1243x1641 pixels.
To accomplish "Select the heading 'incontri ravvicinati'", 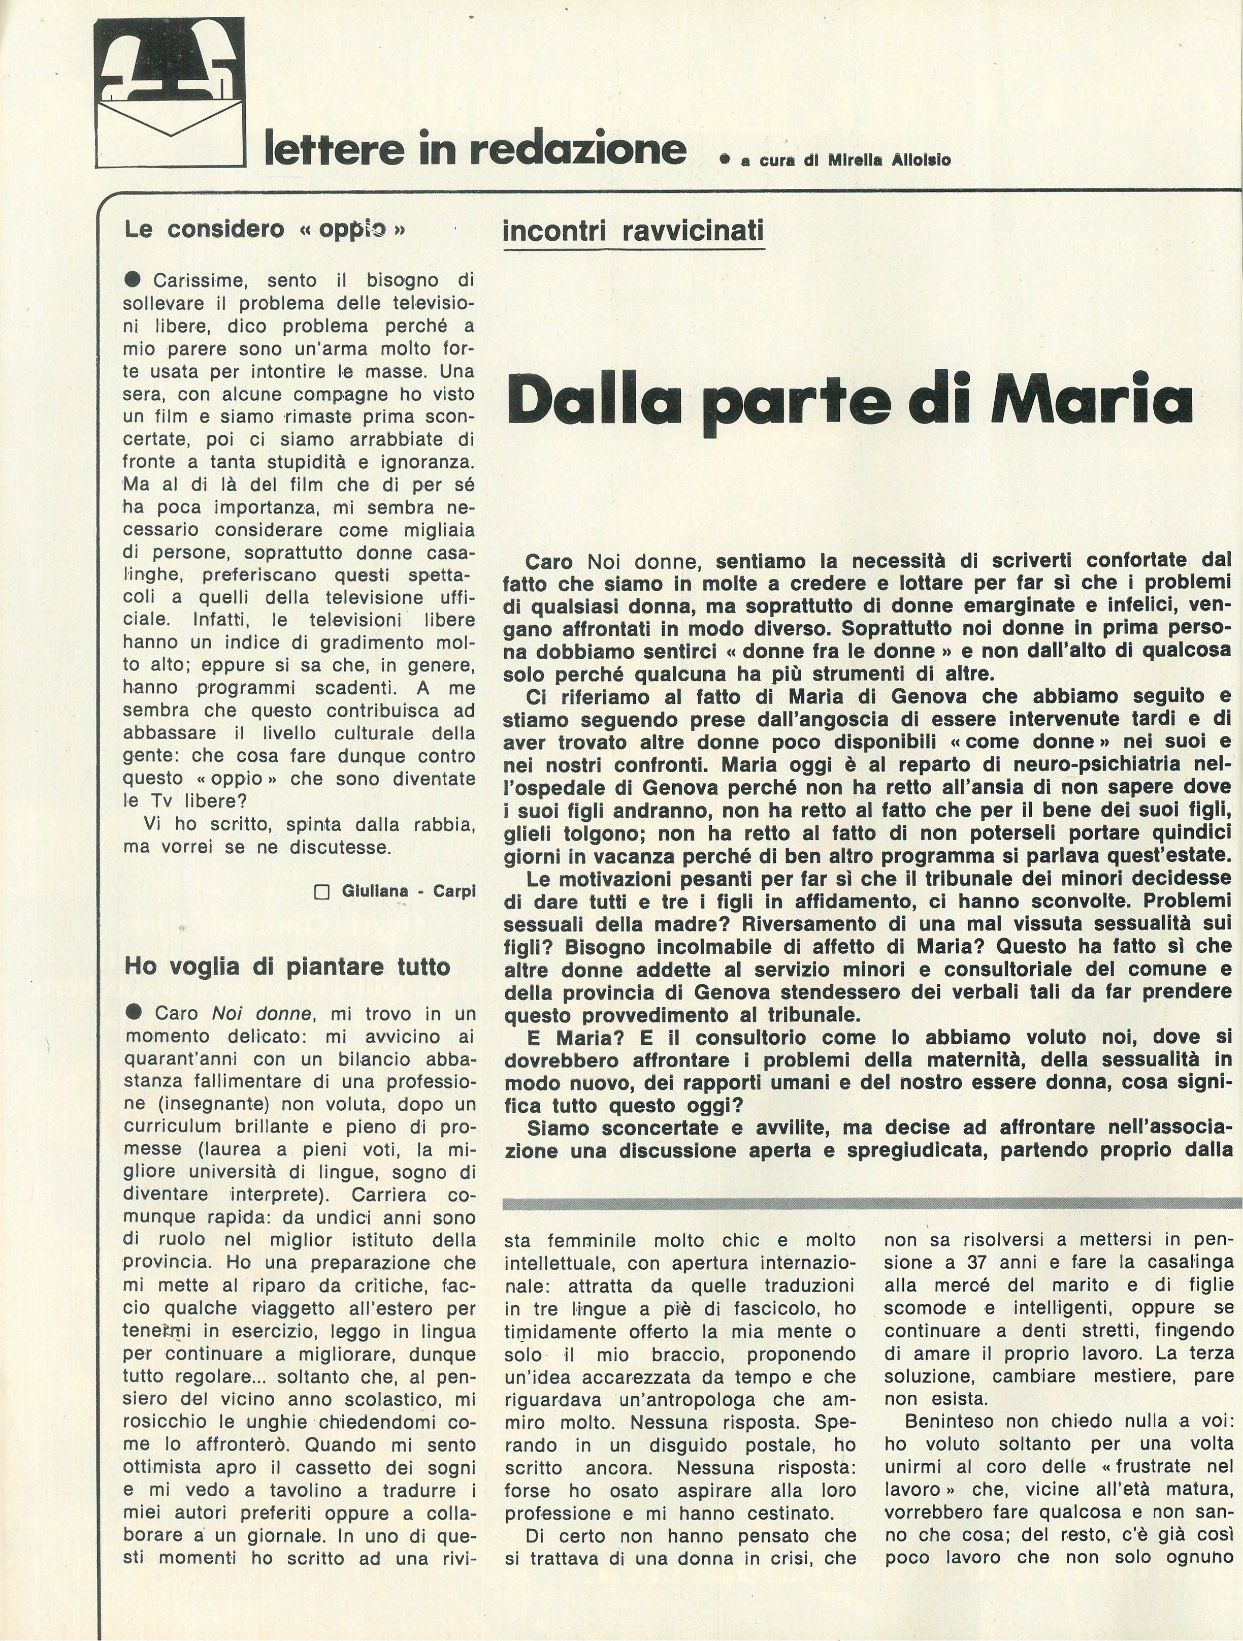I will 633,231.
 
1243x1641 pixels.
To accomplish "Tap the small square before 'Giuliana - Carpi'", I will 322,892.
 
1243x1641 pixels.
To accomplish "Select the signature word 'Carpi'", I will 454,891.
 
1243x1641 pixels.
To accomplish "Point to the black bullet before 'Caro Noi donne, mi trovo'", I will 134,1013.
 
